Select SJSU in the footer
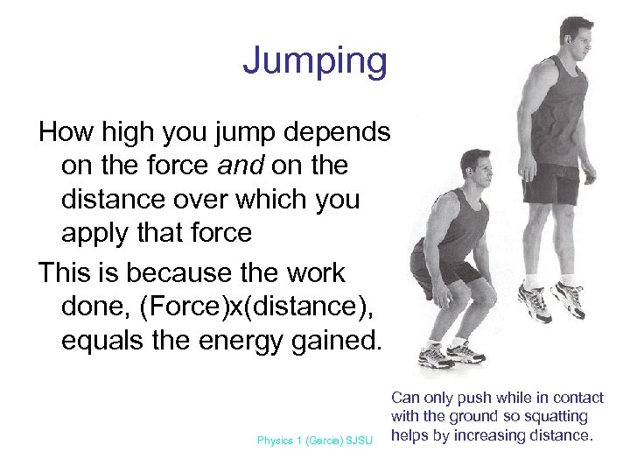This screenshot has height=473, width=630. pyautogui.click(x=360, y=441)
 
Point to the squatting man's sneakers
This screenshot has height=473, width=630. pyautogui.click(x=450, y=355)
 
